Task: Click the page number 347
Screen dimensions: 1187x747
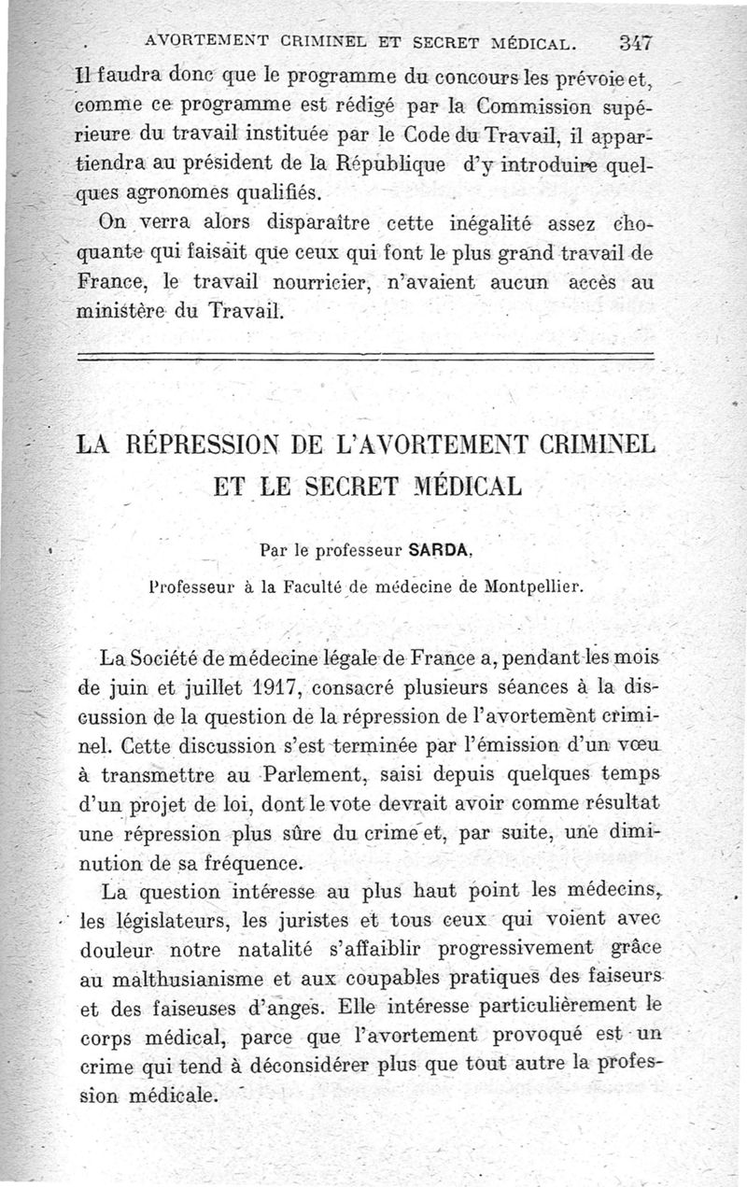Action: [x=634, y=43]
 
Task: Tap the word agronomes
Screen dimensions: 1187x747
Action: [x=190, y=193]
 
